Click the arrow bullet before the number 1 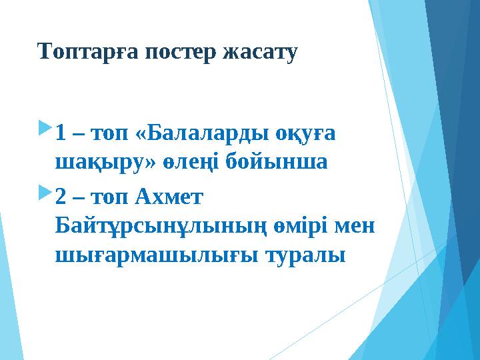[x=45, y=127]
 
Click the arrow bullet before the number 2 [x=45, y=193]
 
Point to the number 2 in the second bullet [x=61, y=198]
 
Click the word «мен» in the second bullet [x=357, y=226]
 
